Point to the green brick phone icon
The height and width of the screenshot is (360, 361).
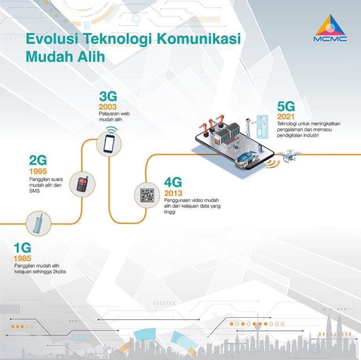pyautogui.click(x=39, y=223)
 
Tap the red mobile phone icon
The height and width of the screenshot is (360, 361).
pyautogui.click(x=82, y=183)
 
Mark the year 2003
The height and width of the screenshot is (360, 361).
pyautogui.click(x=108, y=107)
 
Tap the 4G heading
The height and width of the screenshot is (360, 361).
pyautogui.click(x=173, y=182)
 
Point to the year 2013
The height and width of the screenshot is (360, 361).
pyautogui.click(x=173, y=193)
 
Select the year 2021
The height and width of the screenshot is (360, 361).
pyautogui.click(x=286, y=117)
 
